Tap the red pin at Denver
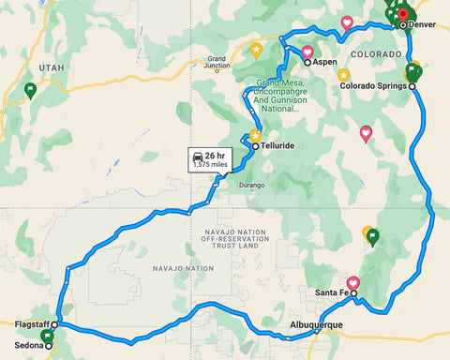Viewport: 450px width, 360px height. tap(402, 14)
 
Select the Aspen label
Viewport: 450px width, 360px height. tap(324, 62)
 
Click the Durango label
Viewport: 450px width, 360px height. tap(254, 186)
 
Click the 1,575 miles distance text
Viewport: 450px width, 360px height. tap(210, 164)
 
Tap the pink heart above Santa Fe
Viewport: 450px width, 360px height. tap(353, 282)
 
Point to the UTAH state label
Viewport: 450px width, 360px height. tap(51, 68)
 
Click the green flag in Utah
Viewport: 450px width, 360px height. tap(30, 90)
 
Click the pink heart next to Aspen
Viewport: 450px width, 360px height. tap(307, 51)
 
